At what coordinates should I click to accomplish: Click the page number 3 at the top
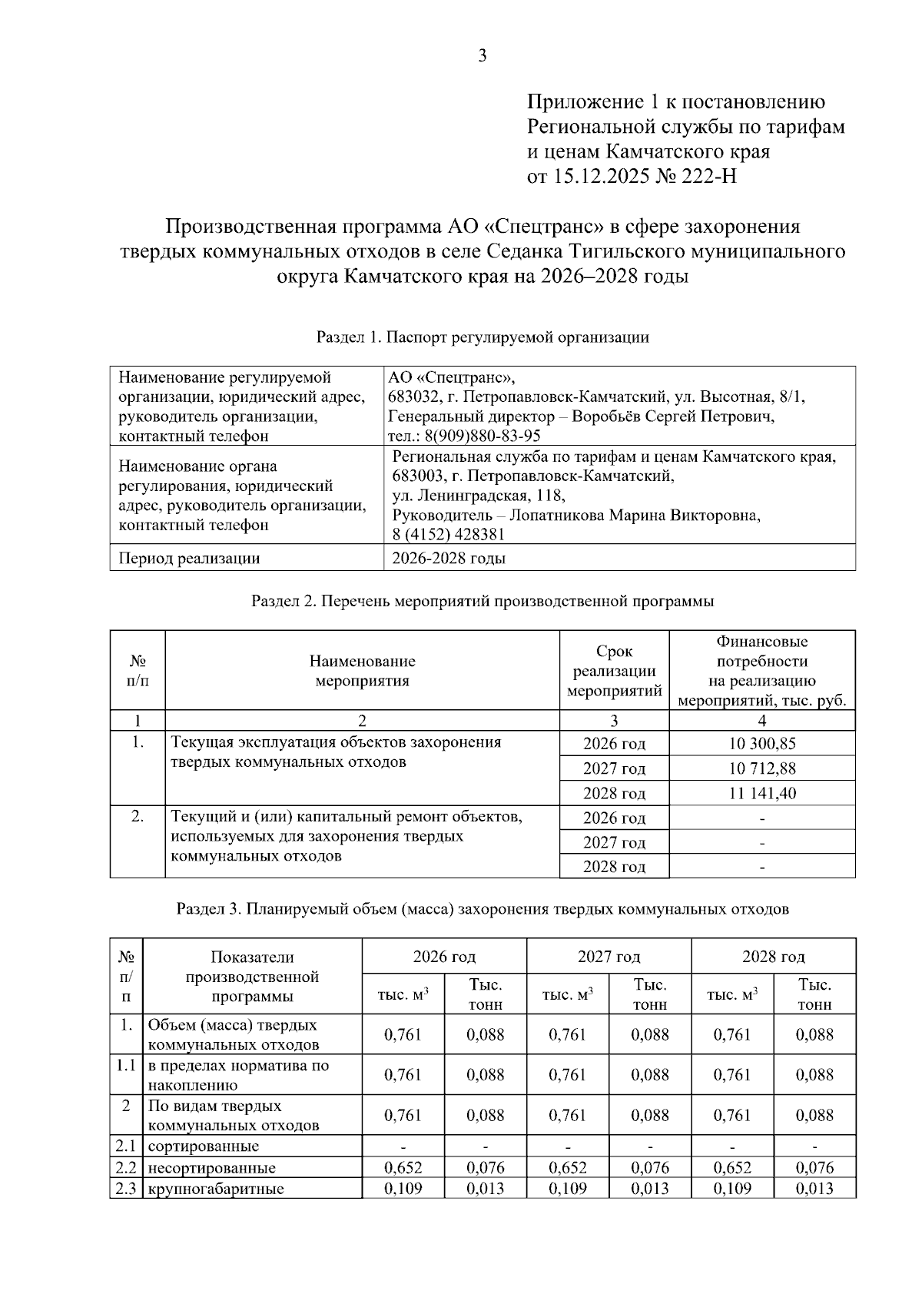pos(483,55)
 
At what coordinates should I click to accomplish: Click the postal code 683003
pos(419,476)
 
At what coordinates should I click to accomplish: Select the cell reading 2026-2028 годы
pos(449,559)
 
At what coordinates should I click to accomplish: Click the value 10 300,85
pos(761,743)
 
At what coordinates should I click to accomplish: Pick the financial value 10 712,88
pos(761,768)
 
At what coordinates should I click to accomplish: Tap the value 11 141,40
pos(761,792)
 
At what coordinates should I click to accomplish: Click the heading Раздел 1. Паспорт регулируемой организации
pos(483,337)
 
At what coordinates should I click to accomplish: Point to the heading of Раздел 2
pos(483,601)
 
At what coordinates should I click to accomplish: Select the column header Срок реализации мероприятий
pos(614,671)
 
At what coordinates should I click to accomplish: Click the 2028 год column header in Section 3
pos(773,957)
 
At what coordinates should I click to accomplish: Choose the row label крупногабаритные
pos(216,1189)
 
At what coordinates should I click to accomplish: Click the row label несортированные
pos(211,1168)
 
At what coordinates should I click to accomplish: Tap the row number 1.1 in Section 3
pos(126,1066)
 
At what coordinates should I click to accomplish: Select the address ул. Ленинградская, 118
pos(478,496)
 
